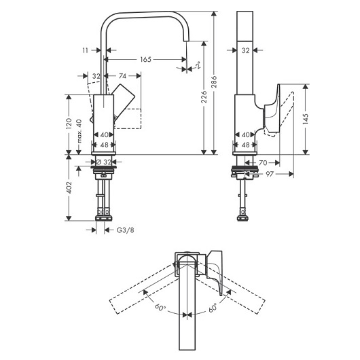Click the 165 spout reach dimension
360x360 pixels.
146,60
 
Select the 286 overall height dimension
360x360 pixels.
214,82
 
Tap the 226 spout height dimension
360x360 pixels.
204,96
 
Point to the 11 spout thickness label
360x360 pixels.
86,50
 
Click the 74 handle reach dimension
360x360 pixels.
122,76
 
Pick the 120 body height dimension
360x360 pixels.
69,124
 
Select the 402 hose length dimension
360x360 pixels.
69,187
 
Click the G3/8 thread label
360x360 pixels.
126,230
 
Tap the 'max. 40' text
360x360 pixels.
79,131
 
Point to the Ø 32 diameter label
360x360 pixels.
103,162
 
